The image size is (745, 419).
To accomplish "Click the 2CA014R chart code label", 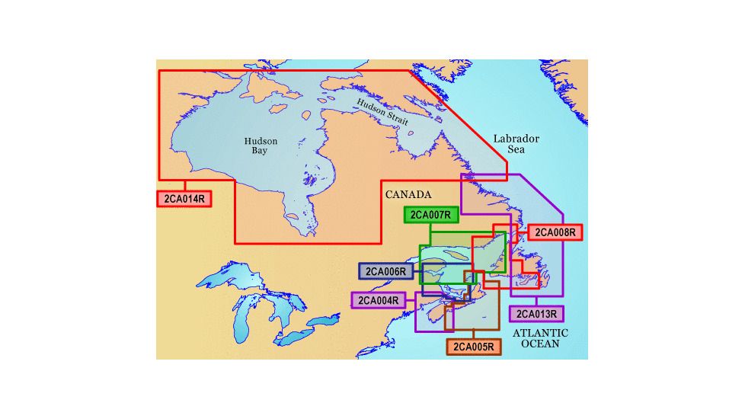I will (x=184, y=200).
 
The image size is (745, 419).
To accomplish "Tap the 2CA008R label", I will (x=555, y=232).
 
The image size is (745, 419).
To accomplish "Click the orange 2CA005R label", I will (x=474, y=347).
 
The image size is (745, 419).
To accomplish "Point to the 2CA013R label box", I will (x=536, y=313).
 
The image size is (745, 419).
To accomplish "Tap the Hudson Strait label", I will (x=383, y=113).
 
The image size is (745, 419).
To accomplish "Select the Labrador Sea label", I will (x=516, y=144).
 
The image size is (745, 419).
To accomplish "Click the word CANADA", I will (x=408, y=194).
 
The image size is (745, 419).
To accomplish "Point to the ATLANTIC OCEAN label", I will (x=540, y=338).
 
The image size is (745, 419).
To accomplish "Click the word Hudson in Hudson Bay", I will (x=261, y=141).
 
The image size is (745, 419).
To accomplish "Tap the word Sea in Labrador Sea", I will (x=516, y=150).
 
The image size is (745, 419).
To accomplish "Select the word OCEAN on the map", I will (x=540, y=344).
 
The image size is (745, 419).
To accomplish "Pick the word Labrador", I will (x=516, y=139).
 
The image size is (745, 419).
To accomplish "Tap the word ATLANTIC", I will (x=540, y=333).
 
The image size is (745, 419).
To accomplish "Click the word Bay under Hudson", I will (x=261, y=152).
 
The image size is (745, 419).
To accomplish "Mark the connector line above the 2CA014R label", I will (x=184, y=187).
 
